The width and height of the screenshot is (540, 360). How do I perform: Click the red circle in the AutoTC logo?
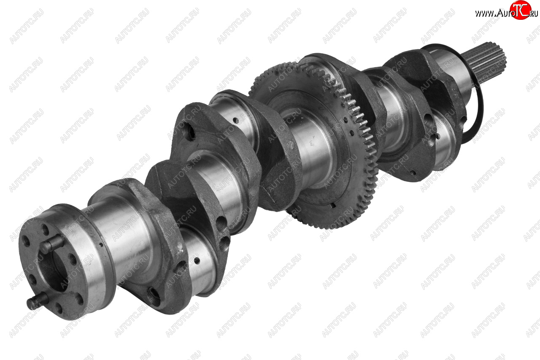520,10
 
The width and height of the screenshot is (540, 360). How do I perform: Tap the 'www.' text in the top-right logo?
485,14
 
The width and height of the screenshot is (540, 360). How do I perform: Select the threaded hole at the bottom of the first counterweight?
153,296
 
